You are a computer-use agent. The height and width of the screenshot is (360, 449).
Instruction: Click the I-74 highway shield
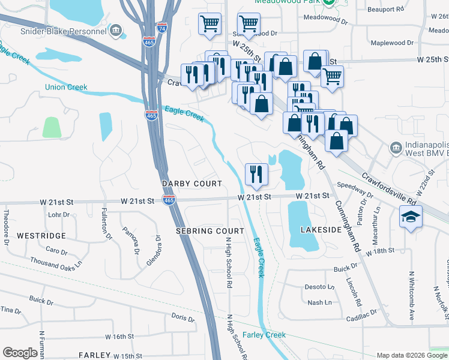161,28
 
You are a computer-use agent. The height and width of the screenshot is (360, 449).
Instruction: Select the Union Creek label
66,87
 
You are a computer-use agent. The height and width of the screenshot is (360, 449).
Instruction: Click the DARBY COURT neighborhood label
191,184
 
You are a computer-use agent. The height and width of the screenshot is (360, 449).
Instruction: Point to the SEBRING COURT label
209,230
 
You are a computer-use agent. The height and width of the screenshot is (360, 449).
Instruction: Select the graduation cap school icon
411,218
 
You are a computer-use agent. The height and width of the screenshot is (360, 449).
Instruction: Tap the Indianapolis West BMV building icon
396,148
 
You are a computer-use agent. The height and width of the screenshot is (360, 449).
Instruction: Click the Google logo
20,353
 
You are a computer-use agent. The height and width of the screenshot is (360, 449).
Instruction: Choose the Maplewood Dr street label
393,43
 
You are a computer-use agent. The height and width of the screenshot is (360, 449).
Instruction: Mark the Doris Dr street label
183,316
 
